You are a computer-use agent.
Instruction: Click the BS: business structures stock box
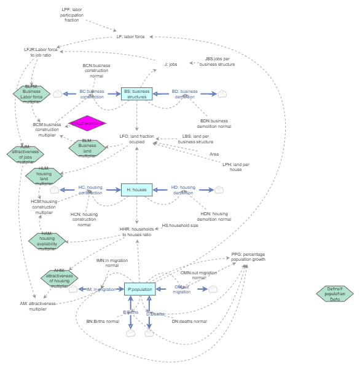136,94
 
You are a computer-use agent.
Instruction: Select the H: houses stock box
136,190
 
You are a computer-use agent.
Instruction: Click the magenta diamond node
88,124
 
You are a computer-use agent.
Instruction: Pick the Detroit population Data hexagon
335,293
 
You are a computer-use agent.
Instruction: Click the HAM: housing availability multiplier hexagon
47,242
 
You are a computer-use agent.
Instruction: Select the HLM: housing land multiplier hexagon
44,175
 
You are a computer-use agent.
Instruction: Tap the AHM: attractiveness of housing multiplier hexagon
59,279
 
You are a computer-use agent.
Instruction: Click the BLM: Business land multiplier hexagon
87,149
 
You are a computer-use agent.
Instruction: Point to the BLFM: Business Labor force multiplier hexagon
31,93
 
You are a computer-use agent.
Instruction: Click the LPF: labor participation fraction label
72,15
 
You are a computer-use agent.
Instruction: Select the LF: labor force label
130,37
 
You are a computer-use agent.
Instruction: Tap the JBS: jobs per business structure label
216,61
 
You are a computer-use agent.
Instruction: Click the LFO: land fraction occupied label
137,139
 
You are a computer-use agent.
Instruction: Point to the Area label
214,154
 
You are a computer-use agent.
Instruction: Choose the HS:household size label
180,226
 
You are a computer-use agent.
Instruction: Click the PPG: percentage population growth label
248,257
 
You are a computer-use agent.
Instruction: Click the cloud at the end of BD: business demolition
222,94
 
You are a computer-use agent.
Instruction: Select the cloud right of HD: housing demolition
218,190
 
